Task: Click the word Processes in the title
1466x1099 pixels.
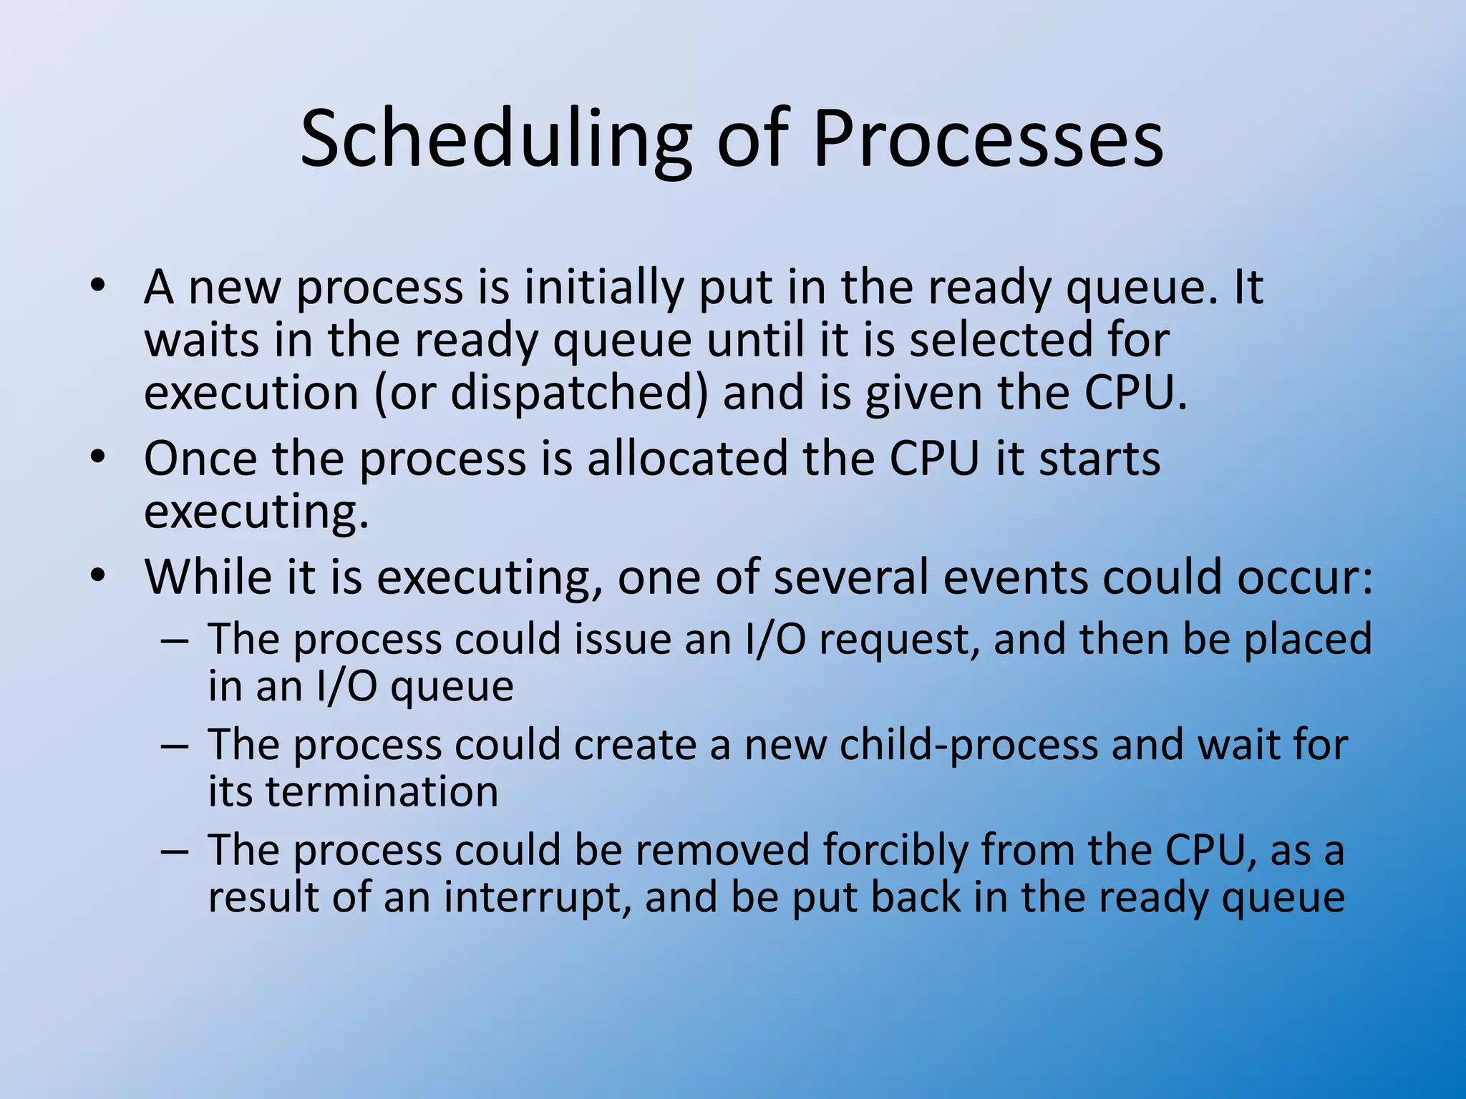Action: point(988,140)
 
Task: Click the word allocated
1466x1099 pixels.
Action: point(686,458)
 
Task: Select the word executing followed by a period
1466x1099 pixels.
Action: point(256,512)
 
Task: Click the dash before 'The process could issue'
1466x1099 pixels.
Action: point(175,639)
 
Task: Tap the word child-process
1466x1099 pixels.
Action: point(969,745)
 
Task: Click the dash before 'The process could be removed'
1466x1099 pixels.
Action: point(175,851)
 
